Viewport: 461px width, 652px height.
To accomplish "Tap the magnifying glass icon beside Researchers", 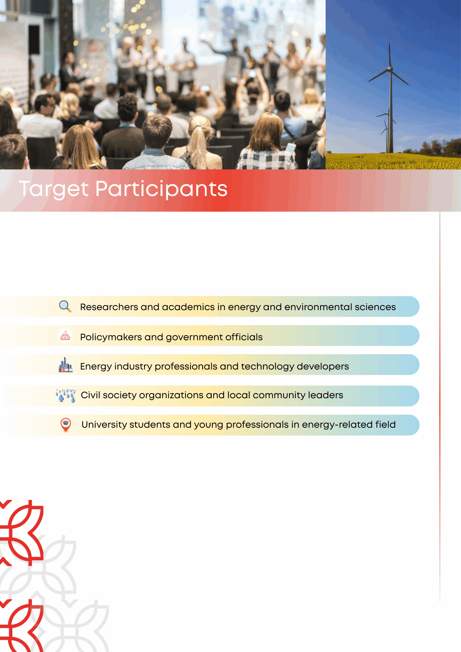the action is [x=65, y=306].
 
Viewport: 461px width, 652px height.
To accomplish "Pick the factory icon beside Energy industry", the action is [x=65, y=365].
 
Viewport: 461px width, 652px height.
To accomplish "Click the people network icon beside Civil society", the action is [x=66, y=396].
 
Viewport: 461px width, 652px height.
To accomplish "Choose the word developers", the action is [x=323, y=366].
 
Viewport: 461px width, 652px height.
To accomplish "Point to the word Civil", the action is [x=91, y=395].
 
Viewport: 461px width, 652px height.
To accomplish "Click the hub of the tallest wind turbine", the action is [x=390, y=69].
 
